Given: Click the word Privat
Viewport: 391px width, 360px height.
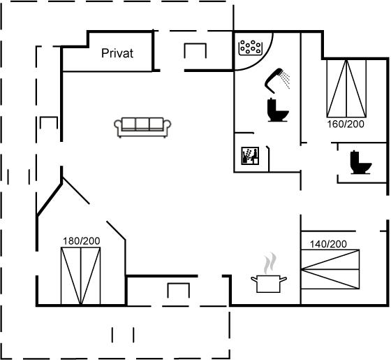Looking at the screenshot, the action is pos(117,53).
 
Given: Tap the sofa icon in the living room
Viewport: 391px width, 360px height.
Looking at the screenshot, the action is pos(142,127).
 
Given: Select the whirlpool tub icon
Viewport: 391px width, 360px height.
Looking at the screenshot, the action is pos(251,48).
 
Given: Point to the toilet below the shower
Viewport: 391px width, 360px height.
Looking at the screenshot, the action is pos(277,110).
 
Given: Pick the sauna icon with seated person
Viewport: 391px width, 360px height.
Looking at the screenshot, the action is pos(250,156).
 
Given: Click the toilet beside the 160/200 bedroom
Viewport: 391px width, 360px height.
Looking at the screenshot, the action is pos(360,162).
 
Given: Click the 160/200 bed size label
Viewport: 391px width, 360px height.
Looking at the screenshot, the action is pos(346,124).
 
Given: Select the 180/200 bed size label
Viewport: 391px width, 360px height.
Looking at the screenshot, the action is pos(81,241).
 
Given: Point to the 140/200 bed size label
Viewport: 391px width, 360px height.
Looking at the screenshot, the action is pos(328,244).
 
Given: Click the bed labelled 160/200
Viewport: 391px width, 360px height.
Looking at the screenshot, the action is pos(346,88).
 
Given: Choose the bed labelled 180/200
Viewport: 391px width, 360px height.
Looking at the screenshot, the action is pos(81,276).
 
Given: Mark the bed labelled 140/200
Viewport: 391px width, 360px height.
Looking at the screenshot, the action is pos(330,269).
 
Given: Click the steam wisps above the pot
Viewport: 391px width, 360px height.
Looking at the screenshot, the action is pos(270,263).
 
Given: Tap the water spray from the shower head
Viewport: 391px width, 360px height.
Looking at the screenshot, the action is pos(286,80).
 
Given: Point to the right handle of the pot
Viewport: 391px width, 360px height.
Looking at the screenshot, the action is pos(283,280).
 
